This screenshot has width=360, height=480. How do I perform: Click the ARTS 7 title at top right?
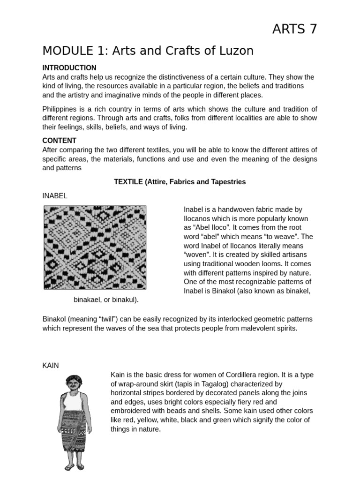pyautogui.click(x=294, y=29)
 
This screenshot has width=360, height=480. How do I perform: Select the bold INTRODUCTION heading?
pyautogui.click(x=69, y=68)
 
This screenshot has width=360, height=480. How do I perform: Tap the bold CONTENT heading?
pyautogui.click(x=60, y=141)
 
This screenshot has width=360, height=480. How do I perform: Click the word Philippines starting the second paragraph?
pyautogui.click(x=61, y=109)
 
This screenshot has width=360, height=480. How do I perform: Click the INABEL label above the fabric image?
pyautogui.click(x=55, y=196)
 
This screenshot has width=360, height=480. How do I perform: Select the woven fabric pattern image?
pyautogui.click(x=95, y=247)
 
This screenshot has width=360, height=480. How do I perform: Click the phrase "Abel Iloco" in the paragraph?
pyautogui.click(x=209, y=228)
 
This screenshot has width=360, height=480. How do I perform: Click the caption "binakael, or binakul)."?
pyautogui.click(x=106, y=300)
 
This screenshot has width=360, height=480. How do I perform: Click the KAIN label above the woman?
pyautogui.click(x=51, y=365)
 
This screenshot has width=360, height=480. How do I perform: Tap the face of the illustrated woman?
pyautogui.click(x=73, y=384)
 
